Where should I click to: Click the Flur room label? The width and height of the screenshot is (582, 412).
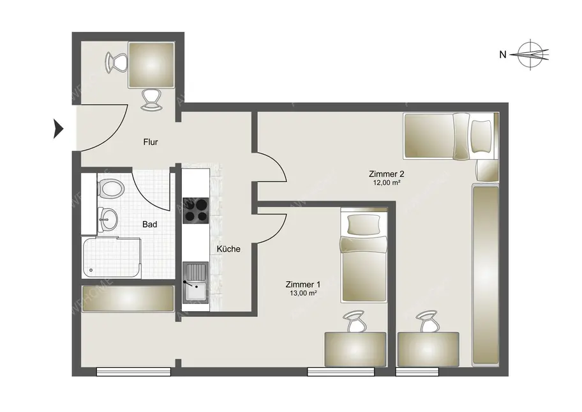click(x=151, y=142)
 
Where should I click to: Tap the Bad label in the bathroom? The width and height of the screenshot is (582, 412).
click(x=150, y=224)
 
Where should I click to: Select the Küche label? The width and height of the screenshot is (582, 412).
click(x=228, y=249)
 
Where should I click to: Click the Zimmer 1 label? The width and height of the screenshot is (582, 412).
click(x=304, y=284)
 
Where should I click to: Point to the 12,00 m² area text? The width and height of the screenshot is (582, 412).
click(x=386, y=183)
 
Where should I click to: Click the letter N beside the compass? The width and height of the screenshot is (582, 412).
click(x=503, y=55)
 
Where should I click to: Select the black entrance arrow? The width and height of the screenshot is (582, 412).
click(x=59, y=129)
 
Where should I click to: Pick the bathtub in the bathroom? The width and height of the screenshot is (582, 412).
click(x=110, y=257)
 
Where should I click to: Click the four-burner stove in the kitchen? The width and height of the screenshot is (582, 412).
click(x=196, y=210)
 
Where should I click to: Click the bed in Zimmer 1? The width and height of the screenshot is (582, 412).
click(x=363, y=256)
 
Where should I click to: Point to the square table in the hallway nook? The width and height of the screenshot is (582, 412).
click(x=151, y=65)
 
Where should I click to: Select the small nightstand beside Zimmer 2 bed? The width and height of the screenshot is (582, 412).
click(x=486, y=170)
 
